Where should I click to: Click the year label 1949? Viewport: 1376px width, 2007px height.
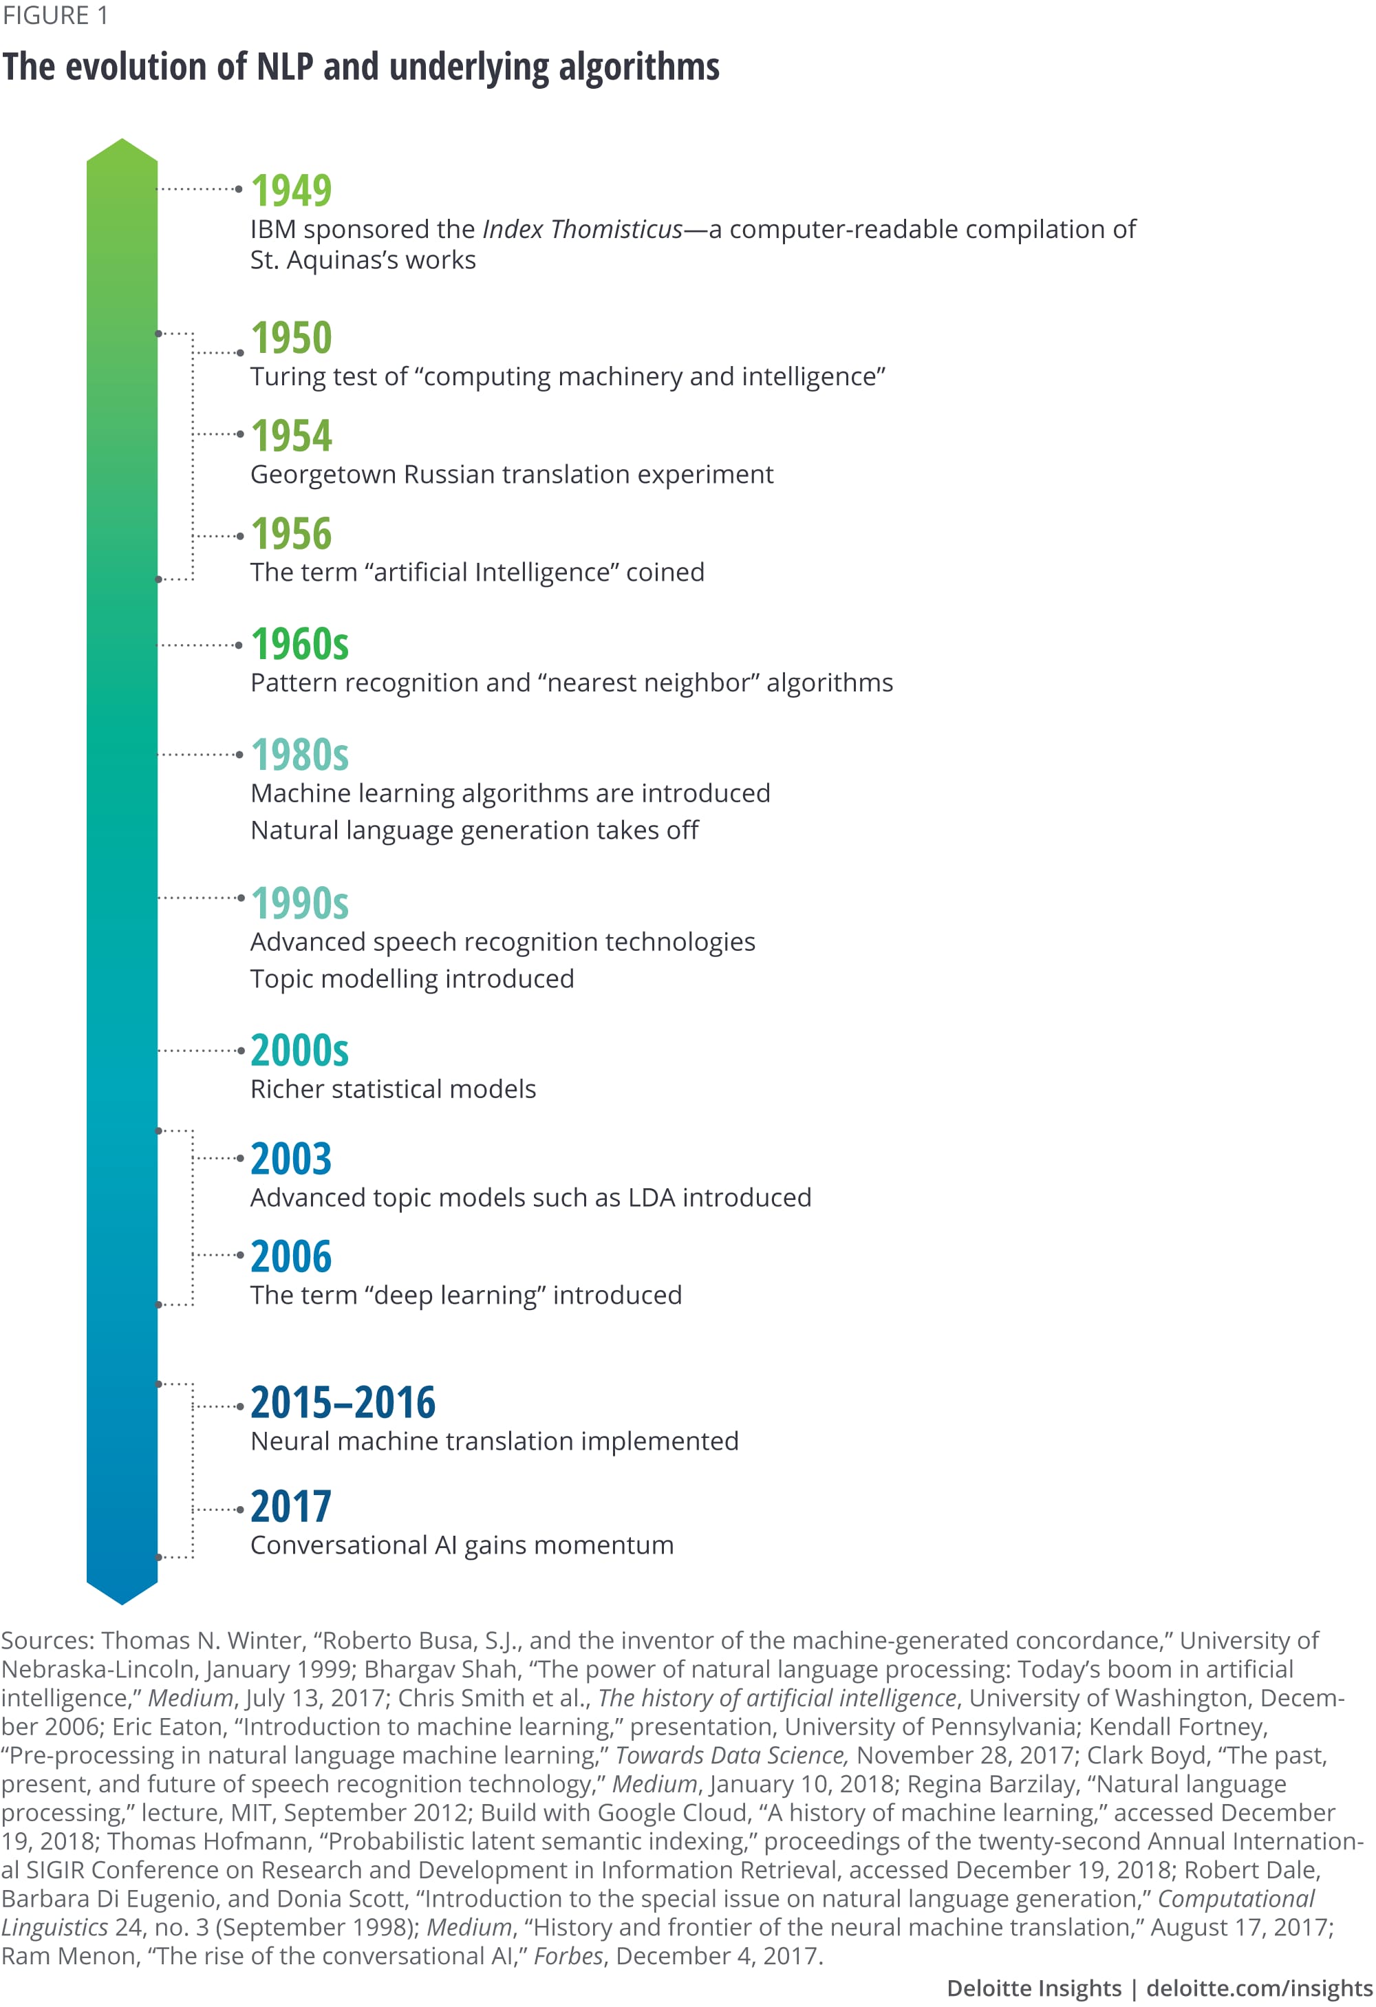coord(291,190)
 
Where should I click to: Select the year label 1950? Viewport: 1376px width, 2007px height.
coord(291,338)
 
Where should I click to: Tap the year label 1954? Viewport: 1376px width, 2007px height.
coord(291,436)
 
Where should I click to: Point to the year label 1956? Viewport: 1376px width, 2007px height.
coord(291,534)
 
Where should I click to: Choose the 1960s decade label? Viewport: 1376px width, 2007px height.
coord(300,644)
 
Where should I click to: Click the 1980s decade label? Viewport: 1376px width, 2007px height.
coord(300,755)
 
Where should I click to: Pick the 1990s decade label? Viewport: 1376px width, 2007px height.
coord(300,903)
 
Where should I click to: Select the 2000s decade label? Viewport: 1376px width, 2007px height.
coord(300,1051)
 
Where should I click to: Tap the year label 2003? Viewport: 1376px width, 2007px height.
coord(291,1159)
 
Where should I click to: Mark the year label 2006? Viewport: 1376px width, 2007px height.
coord(291,1256)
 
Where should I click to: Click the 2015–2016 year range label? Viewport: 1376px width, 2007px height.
coord(343,1402)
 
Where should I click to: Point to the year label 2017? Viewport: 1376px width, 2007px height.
coord(291,1507)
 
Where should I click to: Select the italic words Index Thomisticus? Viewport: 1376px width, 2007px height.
coord(582,230)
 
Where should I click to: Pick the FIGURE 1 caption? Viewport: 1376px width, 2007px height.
coord(55,16)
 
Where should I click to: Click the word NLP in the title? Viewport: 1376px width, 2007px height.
coord(284,67)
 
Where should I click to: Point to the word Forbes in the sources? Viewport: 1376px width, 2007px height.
coord(568,1956)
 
